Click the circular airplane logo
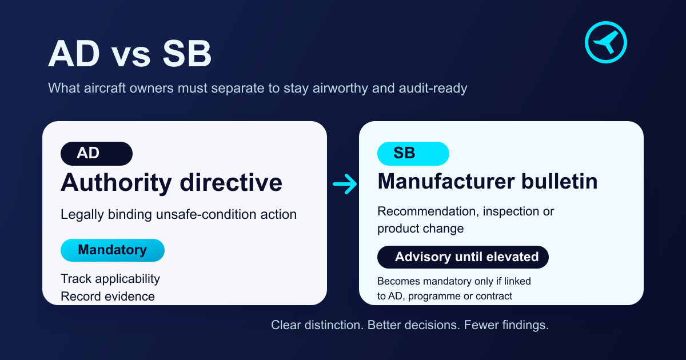[x=606, y=42]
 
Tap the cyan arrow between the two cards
[x=345, y=184]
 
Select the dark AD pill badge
[x=97, y=153]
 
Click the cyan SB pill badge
[x=413, y=153]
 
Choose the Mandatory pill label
[x=113, y=250]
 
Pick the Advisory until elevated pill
[x=462, y=257]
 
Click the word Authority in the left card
[x=116, y=183]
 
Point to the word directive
[x=231, y=182]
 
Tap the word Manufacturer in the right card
[x=446, y=182]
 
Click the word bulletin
[x=560, y=182]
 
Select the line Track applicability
[x=110, y=279]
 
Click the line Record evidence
[x=108, y=297]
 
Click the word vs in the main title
[x=131, y=55]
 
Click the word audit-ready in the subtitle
[x=433, y=88]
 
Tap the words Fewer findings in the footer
[x=506, y=325]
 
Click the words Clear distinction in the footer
[x=317, y=325]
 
